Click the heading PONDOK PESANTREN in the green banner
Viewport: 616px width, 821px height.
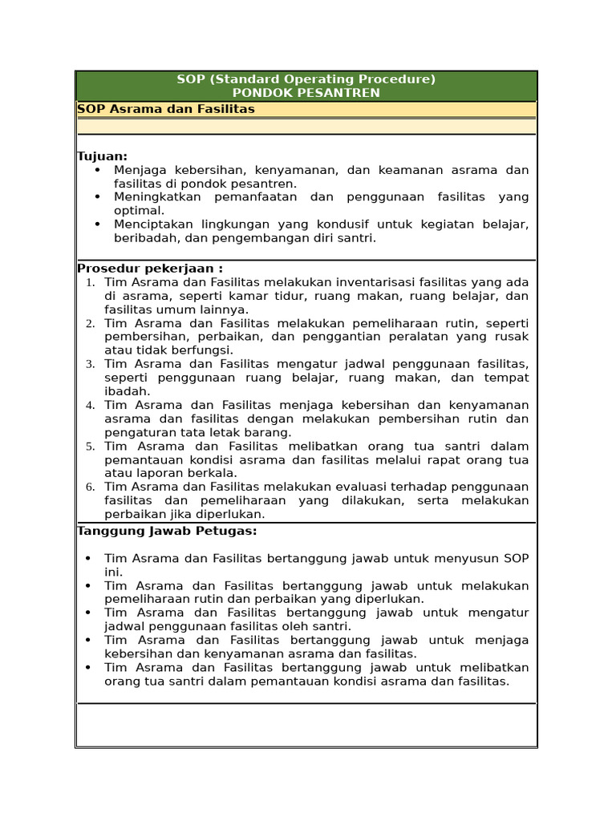(x=306, y=93)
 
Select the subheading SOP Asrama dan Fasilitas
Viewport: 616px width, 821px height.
(x=166, y=109)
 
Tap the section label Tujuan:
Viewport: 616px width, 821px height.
(x=103, y=156)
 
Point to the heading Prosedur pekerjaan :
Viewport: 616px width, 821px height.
(x=150, y=268)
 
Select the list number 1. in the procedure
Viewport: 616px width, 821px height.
(x=90, y=283)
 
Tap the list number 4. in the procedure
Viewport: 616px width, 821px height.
(x=90, y=406)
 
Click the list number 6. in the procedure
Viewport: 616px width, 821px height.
(x=90, y=487)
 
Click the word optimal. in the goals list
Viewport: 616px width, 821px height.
(x=139, y=210)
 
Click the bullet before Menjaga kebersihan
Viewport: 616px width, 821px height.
(x=98, y=171)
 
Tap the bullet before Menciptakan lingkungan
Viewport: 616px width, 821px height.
(x=98, y=225)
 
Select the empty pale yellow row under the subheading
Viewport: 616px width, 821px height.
(x=306, y=126)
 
